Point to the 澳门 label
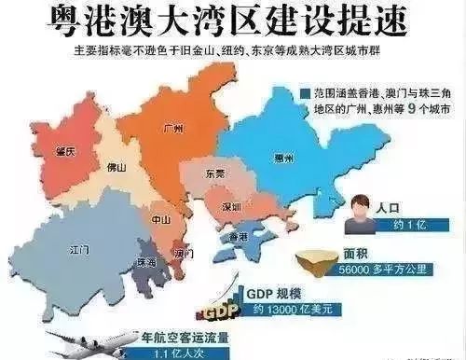pyautogui.click(x=182, y=253)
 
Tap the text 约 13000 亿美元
pyautogui.click(x=295, y=310)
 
